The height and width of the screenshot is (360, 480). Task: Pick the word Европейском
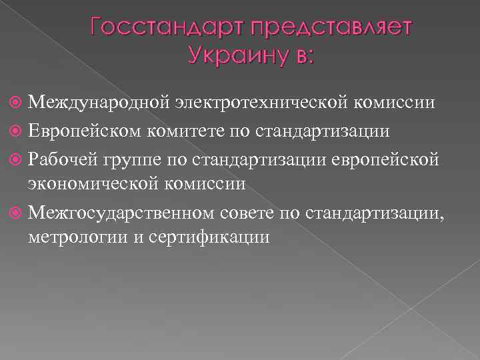click(x=85, y=130)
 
